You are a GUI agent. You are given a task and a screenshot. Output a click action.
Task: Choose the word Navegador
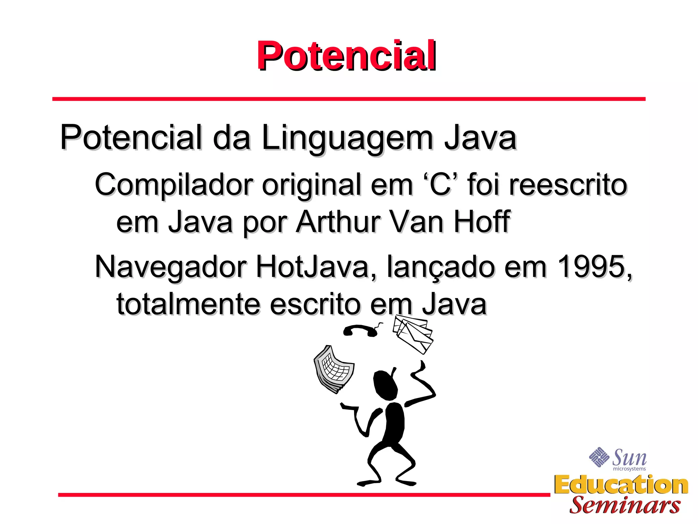tap(170, 267)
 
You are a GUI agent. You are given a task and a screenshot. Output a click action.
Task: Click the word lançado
tap(441, 267)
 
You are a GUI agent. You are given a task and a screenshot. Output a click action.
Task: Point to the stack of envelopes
tap(413, 333)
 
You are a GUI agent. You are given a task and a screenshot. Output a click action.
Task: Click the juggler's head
tap(385, 384)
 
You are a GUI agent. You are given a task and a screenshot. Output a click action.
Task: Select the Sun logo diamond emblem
tap(599, 457)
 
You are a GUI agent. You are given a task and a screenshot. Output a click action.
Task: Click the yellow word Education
tap(621, 485)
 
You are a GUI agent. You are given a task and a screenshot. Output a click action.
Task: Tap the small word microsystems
tap(629, 469)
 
